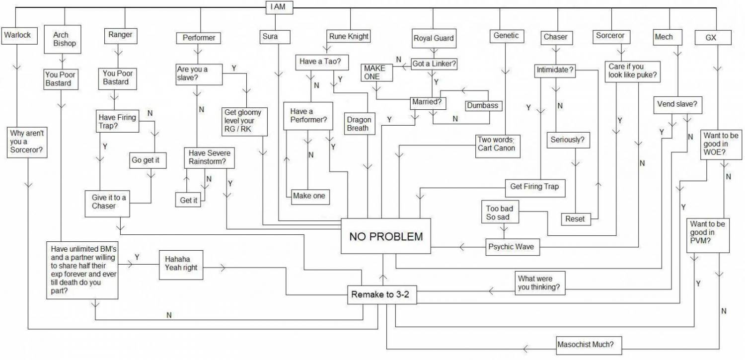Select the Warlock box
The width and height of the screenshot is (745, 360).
tap(17, 35)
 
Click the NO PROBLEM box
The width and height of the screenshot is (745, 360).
tap(386, 236)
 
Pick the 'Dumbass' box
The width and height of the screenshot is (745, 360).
tap(482, 105)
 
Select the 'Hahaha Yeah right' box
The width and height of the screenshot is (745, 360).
tap(181, 264)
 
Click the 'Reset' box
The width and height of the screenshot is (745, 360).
tap(575, 218)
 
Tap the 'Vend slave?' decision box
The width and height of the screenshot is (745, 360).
tap(676, 105)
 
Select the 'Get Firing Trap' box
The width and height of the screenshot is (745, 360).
tap(534, 187)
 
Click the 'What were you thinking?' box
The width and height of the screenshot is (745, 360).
tap(538, 284)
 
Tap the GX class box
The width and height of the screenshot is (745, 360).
tap(711, 38)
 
